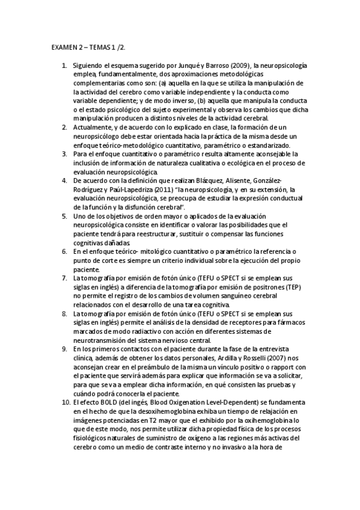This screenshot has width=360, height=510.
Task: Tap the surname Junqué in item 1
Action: click(x=185, y=64)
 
